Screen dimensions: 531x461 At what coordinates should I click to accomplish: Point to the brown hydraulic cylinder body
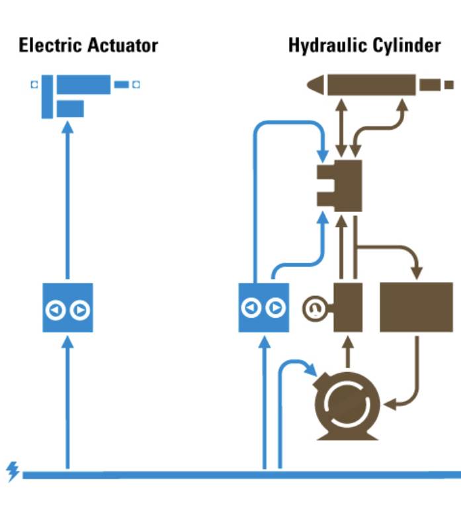click(370, 84)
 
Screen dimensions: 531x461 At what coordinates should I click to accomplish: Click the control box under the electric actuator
click(67, 308)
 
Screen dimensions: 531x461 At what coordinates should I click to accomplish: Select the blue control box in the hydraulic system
click(263, 308)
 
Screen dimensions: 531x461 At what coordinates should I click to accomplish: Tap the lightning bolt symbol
click(13, 471)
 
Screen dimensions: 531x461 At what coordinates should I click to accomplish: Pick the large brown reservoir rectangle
click(416, 307)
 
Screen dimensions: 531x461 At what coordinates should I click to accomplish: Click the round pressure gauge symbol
click(313, 308)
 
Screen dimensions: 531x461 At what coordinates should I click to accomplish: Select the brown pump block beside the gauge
click(348, 307)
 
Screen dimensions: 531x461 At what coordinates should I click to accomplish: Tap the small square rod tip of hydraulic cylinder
click(449, 85)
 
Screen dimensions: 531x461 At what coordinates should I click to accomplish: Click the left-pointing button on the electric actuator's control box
click(56, 309)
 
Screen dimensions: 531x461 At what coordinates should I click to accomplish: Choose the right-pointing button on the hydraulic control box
click(275, 308)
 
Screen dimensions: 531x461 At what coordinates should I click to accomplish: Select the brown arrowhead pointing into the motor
click(389, 403)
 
